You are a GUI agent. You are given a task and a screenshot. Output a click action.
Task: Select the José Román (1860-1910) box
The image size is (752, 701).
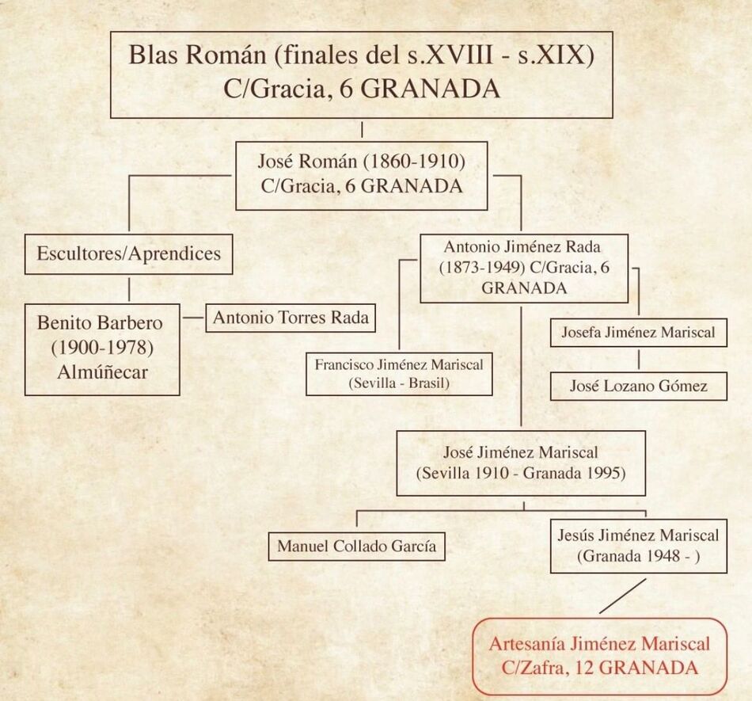tap(361, 176)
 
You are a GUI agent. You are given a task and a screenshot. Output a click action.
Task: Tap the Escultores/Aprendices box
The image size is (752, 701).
tap(128, 254)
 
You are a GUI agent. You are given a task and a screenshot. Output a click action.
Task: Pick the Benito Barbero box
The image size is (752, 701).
tap(102, 349)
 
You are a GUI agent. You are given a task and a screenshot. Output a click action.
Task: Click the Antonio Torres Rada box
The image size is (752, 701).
tap(290, 318)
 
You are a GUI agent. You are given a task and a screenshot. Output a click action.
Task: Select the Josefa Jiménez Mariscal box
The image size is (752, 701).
tap(638, 333)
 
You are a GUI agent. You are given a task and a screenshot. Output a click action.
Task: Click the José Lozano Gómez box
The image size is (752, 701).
tap(638, 386)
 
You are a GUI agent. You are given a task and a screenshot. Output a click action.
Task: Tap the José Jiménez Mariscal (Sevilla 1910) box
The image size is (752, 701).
tap(521, 463)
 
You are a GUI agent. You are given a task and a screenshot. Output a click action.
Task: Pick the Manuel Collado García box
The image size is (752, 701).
tap(356, 546)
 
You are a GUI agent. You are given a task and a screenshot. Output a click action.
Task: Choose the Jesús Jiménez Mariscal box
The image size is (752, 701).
tap(638, 546)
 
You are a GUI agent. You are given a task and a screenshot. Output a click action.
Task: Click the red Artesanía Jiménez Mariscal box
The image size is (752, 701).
tap(599, 657)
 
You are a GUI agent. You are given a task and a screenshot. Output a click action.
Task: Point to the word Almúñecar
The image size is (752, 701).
tap(102, 372)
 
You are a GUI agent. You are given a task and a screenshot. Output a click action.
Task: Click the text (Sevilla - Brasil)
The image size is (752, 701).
tap(399, 383)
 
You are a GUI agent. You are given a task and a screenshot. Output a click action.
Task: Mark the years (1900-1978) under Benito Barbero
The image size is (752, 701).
tap(102, 348)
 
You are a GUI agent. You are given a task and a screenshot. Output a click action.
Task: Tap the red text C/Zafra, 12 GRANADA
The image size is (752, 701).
tap(599, 668)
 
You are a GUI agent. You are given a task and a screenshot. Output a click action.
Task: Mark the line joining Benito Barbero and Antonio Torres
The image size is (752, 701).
tap(192, 318)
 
